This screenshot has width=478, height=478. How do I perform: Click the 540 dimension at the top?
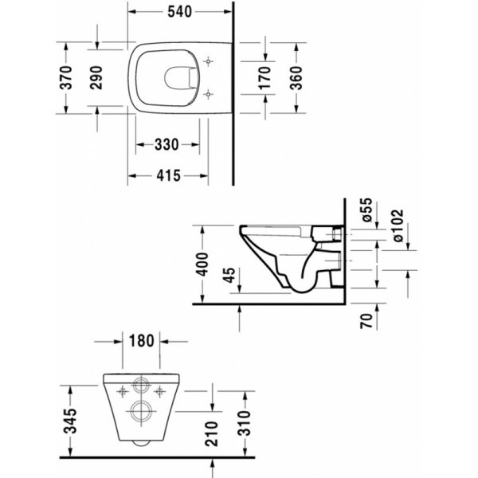179,12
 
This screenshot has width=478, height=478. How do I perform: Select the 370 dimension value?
66,77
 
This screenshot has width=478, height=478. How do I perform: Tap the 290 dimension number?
96,77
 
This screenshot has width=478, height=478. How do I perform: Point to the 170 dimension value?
264,78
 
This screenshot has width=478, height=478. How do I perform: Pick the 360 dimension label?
296,78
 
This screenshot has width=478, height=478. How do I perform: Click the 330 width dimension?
167,144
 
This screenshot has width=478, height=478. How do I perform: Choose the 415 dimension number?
169,175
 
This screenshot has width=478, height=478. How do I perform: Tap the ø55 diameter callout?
367,210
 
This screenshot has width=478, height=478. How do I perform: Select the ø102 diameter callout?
398,225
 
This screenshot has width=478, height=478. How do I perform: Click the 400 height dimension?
202,264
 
